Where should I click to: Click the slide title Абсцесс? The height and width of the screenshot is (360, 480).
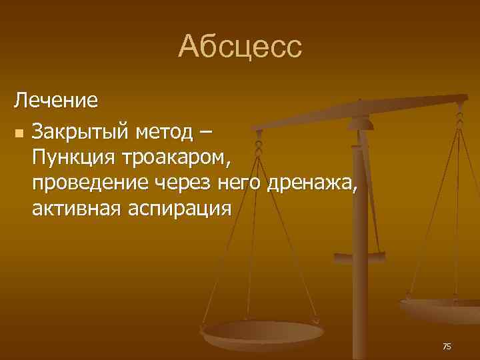pos(240,47)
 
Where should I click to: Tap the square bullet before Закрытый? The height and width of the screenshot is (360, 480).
pos(18,133)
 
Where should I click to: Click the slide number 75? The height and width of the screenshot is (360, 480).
pos(447,346)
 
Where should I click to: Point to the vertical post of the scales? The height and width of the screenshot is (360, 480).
pos(361,293)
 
